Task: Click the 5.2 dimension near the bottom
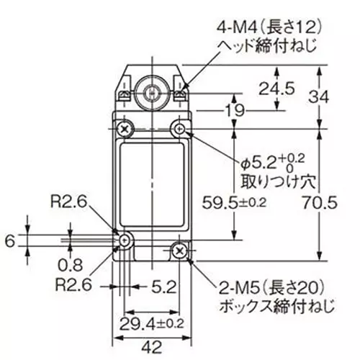point(165,287)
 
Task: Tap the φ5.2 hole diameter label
point(274,156)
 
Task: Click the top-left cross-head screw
point(126,130)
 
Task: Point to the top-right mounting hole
point(179,130)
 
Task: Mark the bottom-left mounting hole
point(126,240)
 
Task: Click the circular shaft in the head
point(152,92)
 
